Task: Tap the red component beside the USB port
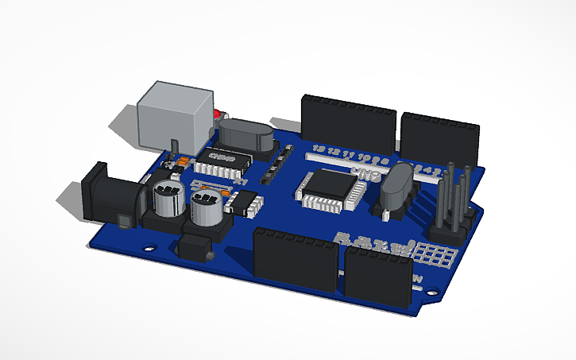click(216, 117)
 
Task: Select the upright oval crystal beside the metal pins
click(396, 191)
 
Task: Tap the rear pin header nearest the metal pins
click(439, 136)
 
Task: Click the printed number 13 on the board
click(319, 149)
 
